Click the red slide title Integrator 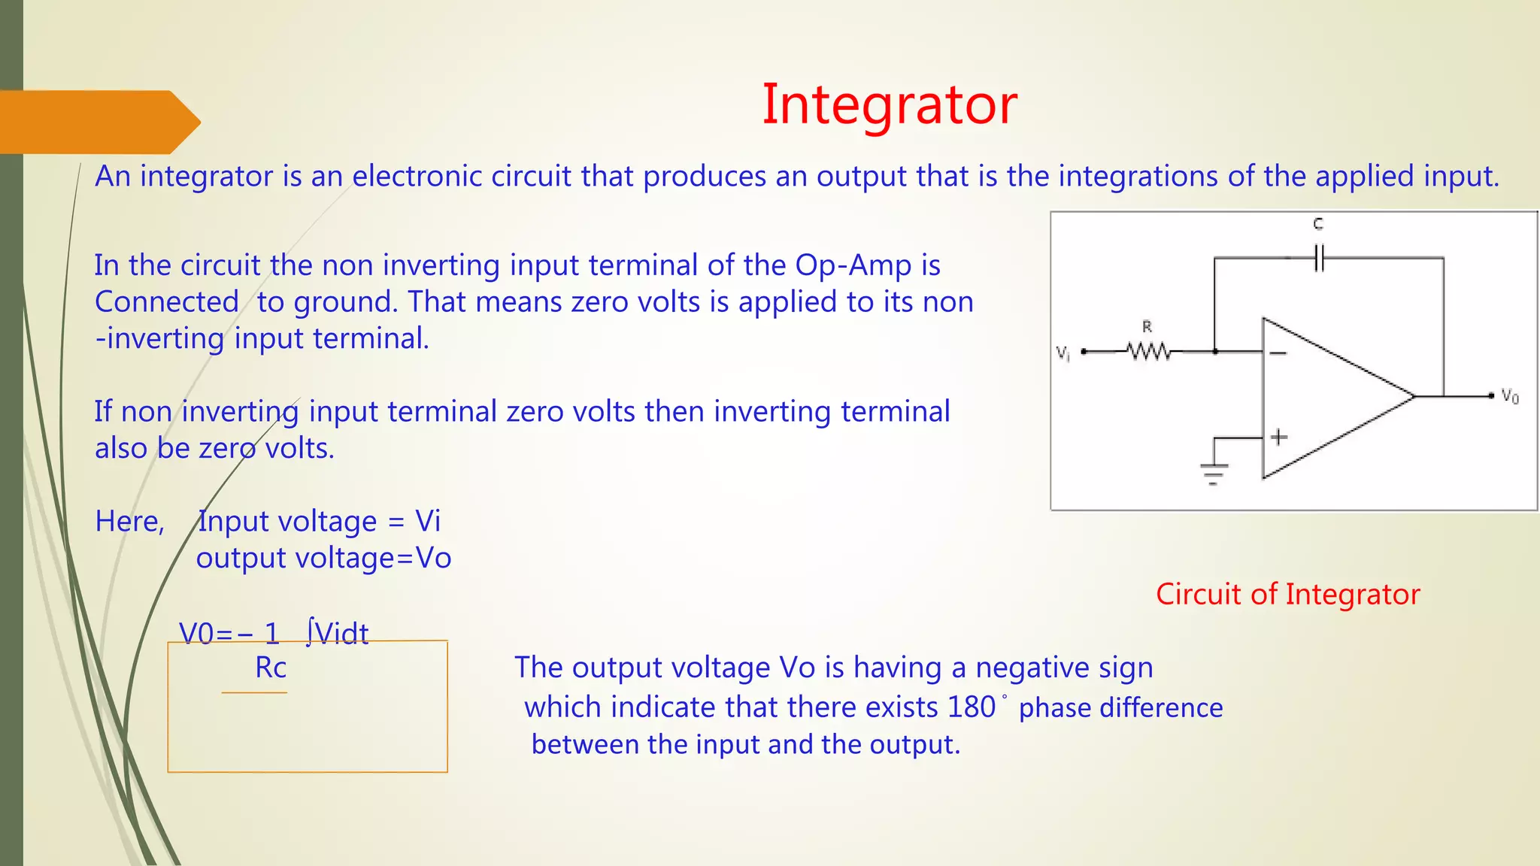point(889,105)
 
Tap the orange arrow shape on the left point(98,122)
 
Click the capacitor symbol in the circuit point(1319,258)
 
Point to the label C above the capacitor point(1318,224)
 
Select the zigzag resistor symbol point(1148,351)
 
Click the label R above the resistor point(1147,327)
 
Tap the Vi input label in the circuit point(1063,353)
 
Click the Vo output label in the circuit point(1509,396)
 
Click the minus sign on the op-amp point(1278,353)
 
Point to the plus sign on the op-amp point(1278,437)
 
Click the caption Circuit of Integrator point(1287,594)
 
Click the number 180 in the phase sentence point(972,707)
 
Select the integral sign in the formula point(309,632)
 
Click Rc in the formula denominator point(271,668)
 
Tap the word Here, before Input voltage point(129,522)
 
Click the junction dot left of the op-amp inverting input point(1215,351)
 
